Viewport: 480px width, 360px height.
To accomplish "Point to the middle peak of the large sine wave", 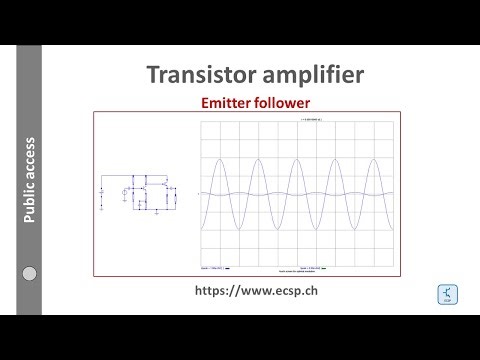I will pyautogui.click(x=301, y=132).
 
